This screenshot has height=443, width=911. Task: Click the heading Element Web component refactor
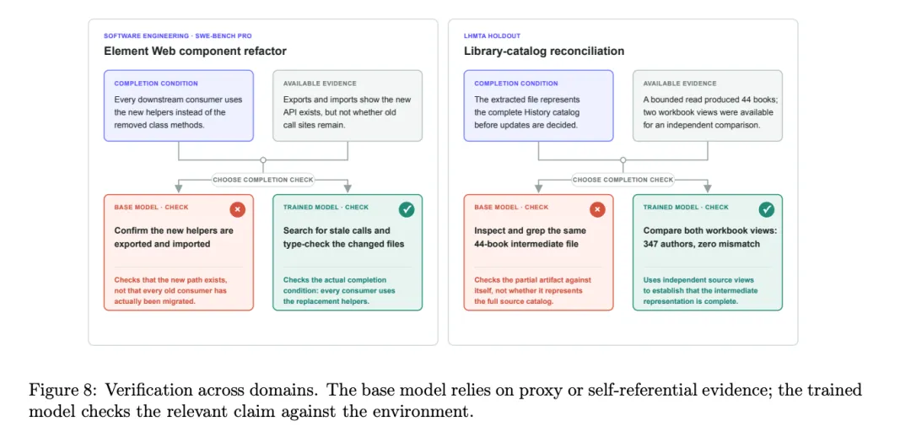click(x=195, y=51)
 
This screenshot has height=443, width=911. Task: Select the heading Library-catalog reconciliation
click(x=544, y=51)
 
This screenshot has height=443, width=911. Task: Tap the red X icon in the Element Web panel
click(x=237, y=209)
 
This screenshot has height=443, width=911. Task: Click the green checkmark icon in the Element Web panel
click(x=407, y=209)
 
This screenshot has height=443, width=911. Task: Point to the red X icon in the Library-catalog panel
click(x=597, y=209)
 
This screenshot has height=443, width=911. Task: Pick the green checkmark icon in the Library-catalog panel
click(x=767, y=209)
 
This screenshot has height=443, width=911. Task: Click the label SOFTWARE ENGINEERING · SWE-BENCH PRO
click(x=178, y=36)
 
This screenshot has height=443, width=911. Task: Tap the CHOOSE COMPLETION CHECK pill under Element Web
click(x=262, y=181)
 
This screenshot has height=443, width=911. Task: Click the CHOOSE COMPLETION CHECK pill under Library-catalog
click(x=623, y=181)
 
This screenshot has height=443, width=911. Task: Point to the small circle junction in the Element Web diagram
click(x=263, y=159)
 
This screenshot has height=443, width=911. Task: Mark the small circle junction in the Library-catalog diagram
click(x=623, y=159)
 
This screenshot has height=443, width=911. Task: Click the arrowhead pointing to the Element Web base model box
click(x=179, y=189)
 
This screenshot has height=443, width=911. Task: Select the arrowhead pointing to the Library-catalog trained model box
click(x=708, y=189)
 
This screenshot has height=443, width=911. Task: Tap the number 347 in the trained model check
click(x=652, y=244)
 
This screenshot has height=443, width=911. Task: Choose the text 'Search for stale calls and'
click(x=337, y=231)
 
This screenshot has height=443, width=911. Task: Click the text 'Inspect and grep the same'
click(x=531, y=231)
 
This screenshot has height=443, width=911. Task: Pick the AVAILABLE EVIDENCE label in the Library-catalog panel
click(x=680, y=84)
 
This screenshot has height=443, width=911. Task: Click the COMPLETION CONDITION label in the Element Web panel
click(x=156, y=84)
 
